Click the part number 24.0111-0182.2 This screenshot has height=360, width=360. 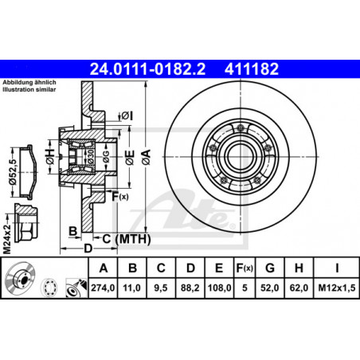(x=147, y=69)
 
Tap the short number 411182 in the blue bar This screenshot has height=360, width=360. (x=252, y=69)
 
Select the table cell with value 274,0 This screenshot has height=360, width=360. (x=103, y=288)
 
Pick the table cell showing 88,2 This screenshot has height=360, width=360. (x=190, y=288)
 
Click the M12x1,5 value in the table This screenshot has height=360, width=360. (x=337, y=288)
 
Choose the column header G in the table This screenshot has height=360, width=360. (x=270, y=268)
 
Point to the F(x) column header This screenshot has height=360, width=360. (x=245, y=268)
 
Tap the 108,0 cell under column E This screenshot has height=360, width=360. (x=219, y=288)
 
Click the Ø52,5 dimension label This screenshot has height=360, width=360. (x=13, y=172)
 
